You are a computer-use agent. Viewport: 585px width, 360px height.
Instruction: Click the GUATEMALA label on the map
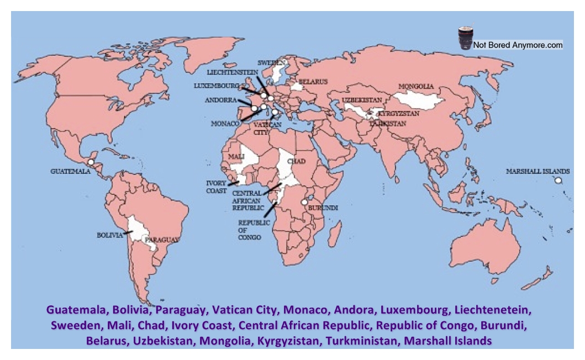pyautogui.click(x=70, y=172)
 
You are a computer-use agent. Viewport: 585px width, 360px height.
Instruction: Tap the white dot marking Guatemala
pyautogui.click(x=90, y=162)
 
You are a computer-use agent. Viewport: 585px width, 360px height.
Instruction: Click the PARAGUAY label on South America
pyautogui.click(x=162, y=240)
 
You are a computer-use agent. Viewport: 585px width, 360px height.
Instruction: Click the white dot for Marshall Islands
pyautogui.click(x=558, y=181)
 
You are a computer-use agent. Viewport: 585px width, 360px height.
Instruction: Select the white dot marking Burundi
pyautogui.click(x=304, y=203)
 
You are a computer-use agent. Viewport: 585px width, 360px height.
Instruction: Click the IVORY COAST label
pyautogui.click(x=216, y=187)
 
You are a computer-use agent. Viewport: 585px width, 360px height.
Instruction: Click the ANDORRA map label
pyautogui.click(x=220, y=100)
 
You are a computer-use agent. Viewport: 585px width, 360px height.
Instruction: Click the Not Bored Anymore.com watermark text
pyautogui.click(x=518, y=45)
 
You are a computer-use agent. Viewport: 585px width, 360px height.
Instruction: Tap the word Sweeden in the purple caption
pyautogui.click(x=73, y=325)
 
